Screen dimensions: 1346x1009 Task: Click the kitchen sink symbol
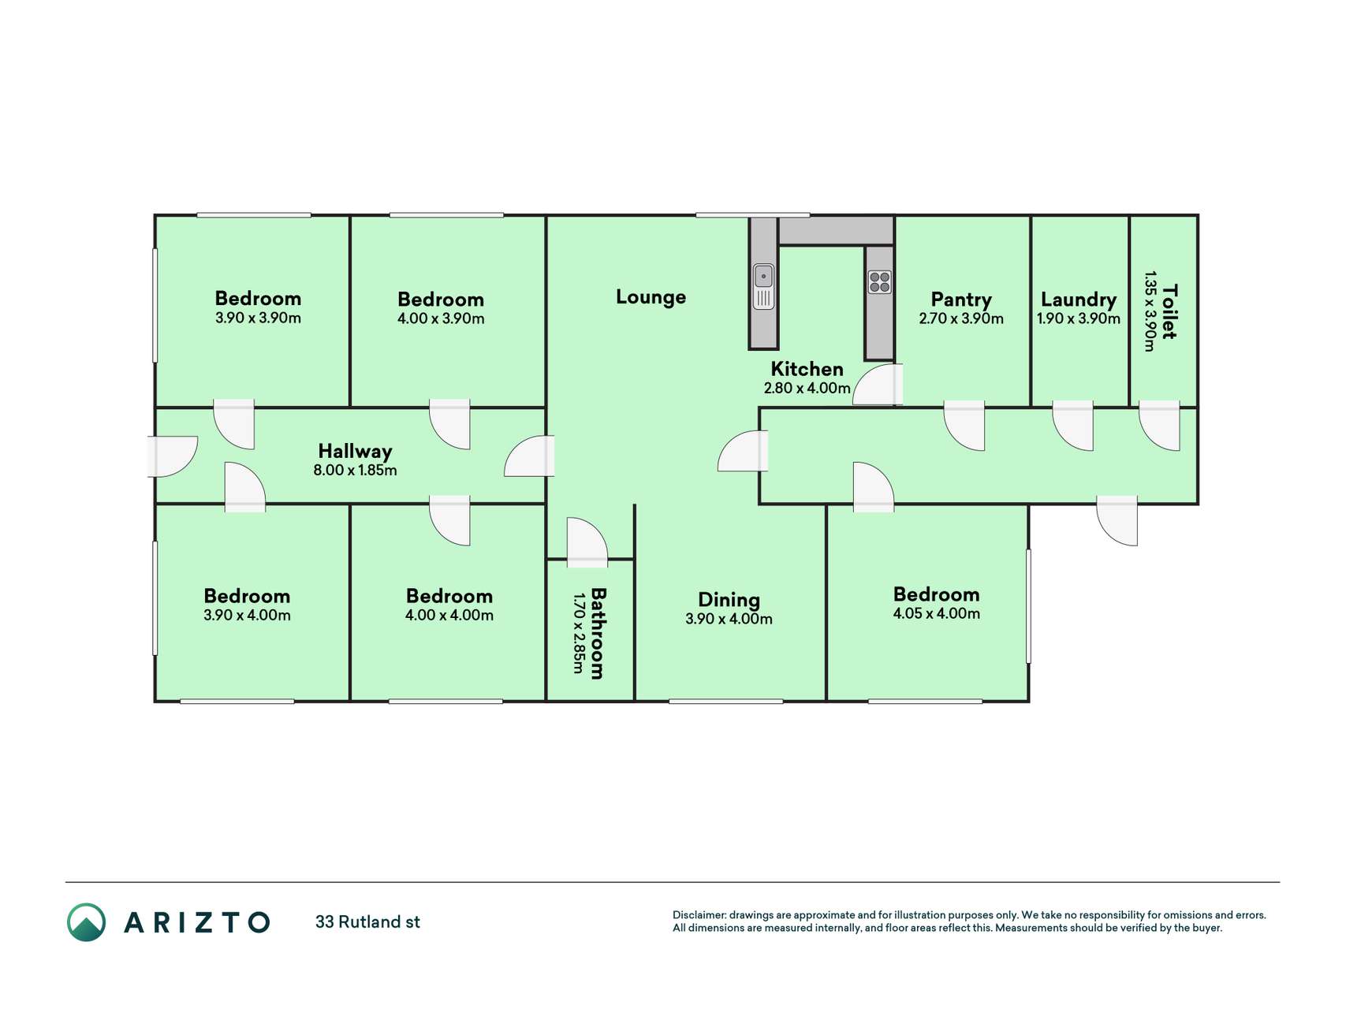point(763,287)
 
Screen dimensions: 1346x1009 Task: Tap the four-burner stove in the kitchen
point(879,281)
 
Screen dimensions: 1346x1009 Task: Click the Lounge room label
point(651,297)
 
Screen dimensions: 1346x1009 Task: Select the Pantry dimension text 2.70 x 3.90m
point(960,318)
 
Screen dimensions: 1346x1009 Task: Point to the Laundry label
point(1078,300)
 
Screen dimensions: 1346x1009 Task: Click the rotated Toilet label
point(1169,312)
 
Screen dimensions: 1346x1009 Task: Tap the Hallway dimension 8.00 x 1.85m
point(355,471)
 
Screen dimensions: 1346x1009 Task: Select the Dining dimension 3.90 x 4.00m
point(729,619)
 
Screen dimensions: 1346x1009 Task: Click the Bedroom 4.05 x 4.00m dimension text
point(936,613)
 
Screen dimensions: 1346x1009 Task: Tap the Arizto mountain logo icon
point(86,922)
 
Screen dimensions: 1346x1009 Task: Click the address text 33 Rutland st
point(367,922)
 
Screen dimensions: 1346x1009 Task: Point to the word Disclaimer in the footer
point(699,915)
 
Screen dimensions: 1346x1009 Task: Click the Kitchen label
point(807,369)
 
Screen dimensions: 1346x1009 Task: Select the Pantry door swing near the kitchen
point(878,384)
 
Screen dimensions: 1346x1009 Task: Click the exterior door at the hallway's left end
point(172,456)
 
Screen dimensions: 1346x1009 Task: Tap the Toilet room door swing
point(1159,426)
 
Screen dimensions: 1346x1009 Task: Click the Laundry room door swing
point(1073,426)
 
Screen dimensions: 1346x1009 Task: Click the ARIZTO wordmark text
point(197,922)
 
